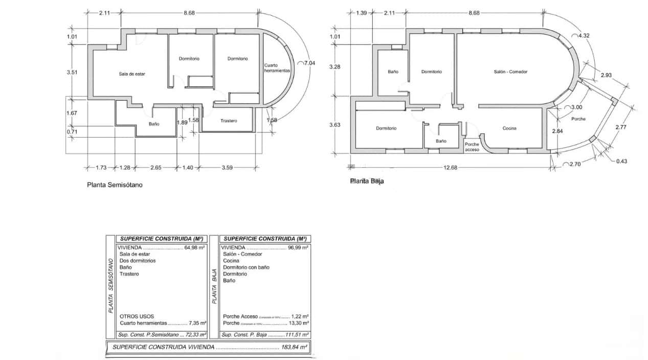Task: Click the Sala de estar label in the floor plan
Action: (132, 74)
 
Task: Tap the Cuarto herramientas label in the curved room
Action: (278, 69)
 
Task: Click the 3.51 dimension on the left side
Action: (72, 73)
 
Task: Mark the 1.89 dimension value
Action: (182, 122)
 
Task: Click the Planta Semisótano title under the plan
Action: (115, 186)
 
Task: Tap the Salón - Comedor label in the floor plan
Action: (510, 72)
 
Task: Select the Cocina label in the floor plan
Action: (509, 128)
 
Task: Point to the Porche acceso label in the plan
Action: (472, 147)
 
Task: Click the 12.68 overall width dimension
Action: (450, 167)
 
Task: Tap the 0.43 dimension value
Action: (621, 161)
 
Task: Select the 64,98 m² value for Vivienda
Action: (195, 247)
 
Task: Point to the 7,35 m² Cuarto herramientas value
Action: (197, 323)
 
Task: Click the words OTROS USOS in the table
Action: (137, 317)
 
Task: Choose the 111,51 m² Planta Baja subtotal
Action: (297, 334)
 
